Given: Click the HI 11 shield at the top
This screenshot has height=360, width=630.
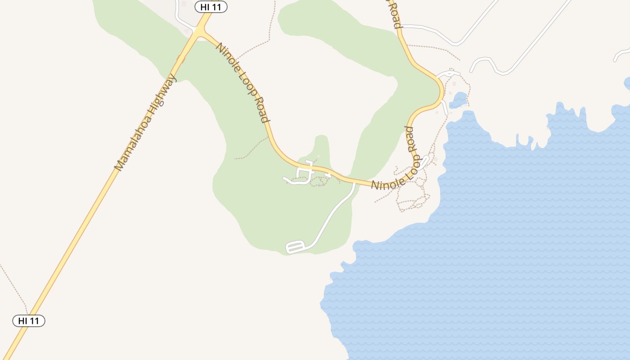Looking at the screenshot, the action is [x=211, y=7].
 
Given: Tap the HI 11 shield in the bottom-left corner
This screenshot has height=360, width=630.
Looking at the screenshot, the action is [x=28, y=321].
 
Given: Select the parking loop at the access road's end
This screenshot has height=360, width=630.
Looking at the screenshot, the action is [x=296, y=247].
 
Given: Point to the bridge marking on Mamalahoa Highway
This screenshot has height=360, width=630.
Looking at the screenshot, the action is [x=181, y=59].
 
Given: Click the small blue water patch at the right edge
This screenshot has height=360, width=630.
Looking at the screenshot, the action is [x=627, y=83].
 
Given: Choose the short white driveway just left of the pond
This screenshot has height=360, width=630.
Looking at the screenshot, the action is [x=444, y=108].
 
